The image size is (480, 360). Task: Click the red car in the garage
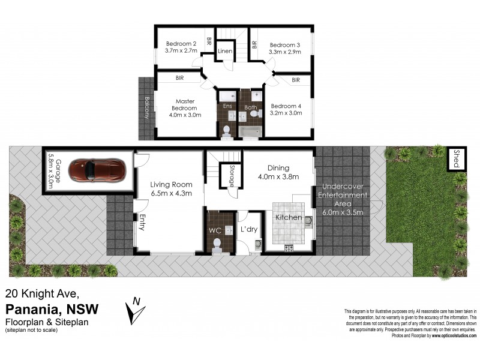[x=97, y=170]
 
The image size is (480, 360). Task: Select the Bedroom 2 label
[x=181, y=44]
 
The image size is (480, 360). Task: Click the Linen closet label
[x=225, y=52]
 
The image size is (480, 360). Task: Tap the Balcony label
[x=146, y=107]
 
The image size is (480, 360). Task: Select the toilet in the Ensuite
[x=227, y=130]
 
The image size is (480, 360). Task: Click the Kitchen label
[x=289, y=217]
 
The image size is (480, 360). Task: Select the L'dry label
[x=249, y=230]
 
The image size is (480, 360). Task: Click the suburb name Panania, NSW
[x=52, y=309]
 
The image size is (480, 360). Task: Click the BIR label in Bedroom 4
[x=296, y=80]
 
